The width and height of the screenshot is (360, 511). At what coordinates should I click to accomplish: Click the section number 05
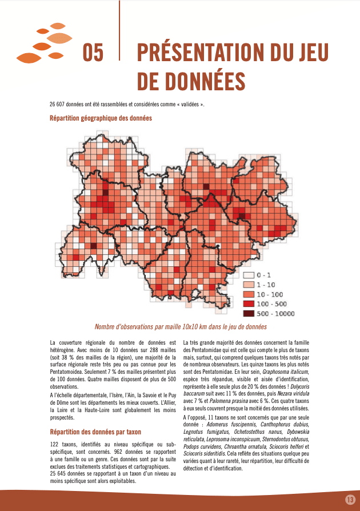[93, 53]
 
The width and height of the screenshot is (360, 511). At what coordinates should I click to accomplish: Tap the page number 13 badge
[350, 500]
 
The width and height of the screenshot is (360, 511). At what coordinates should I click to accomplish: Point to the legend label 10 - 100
[269, 294]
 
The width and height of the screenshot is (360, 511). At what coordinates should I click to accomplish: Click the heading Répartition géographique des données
[101, 118]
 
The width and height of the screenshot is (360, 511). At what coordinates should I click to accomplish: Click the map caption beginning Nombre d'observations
[181, 327]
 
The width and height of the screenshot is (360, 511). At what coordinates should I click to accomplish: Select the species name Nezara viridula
[293, 393]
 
